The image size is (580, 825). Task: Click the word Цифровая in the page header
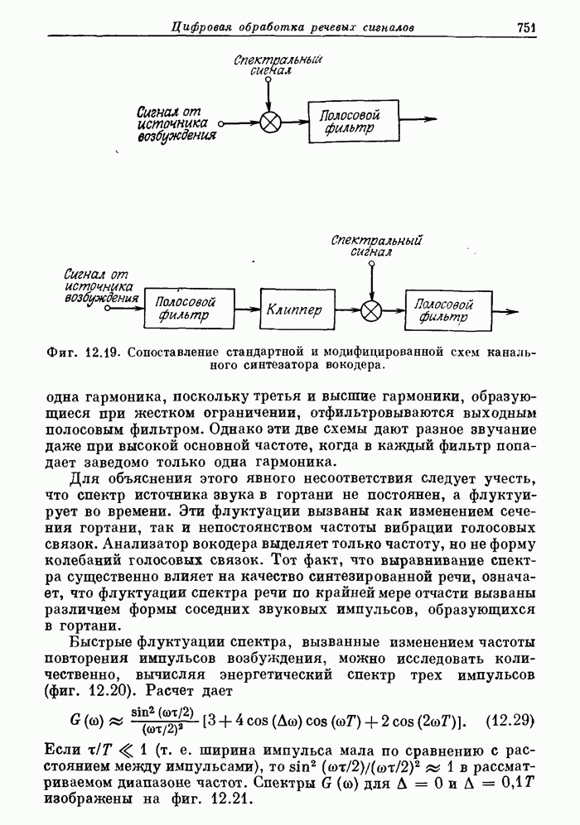click(x=203, y=27)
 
